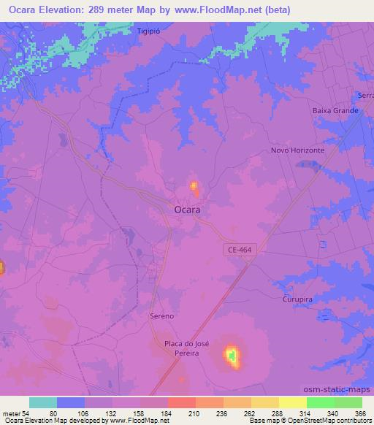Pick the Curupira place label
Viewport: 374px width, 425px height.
297,299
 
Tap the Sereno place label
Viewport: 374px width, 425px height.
161,315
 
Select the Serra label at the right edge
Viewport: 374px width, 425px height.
366,96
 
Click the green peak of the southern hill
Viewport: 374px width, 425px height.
232,356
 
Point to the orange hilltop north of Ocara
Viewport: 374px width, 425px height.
194,187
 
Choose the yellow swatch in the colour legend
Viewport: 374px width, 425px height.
292,402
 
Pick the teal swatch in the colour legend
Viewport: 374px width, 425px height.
43,402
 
